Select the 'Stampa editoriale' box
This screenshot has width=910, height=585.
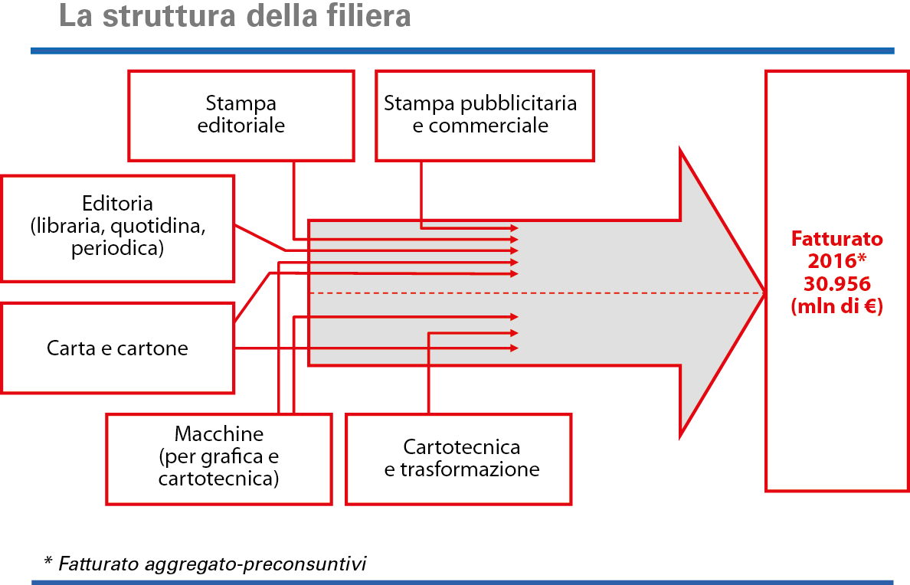coord(241,115)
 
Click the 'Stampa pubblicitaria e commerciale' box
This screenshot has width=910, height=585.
coord(484,115)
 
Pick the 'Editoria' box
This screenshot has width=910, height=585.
coord(117,227)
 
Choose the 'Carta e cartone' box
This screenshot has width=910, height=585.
coord(117,348)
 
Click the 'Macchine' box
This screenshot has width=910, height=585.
coord(218,457)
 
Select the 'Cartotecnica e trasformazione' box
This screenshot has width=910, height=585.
coord(458,458)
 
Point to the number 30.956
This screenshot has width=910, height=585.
coord(836,284)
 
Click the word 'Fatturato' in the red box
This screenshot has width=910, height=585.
coord(836,238)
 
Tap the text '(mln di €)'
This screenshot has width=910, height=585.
coord(836,307)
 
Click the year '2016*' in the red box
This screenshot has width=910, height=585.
coord(836,261)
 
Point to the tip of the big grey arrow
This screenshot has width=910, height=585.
coord(763,293)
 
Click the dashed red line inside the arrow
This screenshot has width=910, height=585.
coord(536,293)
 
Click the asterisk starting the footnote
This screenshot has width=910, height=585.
coord(48,563)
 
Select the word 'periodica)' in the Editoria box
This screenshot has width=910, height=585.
coord(117,249)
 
